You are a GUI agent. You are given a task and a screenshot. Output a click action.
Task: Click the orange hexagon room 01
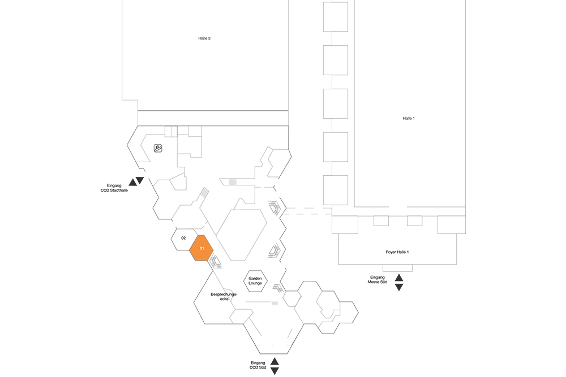(201, 248)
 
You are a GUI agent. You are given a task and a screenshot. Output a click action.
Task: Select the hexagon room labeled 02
(184, 239)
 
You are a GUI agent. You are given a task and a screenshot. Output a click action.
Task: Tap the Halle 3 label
(204, 38)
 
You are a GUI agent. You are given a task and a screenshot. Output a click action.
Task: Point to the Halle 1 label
(409, 118)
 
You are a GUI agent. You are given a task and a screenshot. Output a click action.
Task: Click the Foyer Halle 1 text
(397, 252)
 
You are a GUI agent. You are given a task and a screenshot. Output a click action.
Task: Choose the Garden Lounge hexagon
(255, 281)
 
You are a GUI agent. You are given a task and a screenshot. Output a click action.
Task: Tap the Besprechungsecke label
(224, 297)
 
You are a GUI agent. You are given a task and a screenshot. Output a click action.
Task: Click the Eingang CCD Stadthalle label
(114, 188)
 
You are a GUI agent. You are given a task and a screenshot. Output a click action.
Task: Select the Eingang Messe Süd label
(377, 280)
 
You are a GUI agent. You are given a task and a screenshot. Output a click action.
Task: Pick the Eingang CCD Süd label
(258, 365)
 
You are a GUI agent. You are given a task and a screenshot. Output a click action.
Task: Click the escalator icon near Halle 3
(158, 148)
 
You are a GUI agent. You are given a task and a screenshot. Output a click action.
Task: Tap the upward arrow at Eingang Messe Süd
(399, 278)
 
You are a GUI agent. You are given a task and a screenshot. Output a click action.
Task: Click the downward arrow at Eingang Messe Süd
(399, 287)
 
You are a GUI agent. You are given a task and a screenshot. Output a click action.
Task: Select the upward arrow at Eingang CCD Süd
(275, 362)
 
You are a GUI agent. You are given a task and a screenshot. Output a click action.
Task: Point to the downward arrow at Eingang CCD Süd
(275, 371)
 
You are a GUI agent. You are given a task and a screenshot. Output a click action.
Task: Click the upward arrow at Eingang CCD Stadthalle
(132, 183)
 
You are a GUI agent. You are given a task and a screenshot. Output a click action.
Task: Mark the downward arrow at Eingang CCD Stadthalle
(140, 180)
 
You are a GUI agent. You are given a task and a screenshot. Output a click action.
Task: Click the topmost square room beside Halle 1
(335, 16)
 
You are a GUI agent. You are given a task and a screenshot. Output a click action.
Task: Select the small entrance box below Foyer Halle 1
(397, 268)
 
